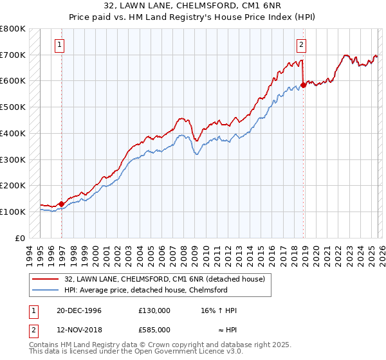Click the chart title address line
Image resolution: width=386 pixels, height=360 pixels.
tap(193, 5)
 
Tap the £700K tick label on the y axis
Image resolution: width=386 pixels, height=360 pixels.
tap(13, 55)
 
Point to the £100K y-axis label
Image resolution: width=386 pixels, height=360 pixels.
tap(13, 212)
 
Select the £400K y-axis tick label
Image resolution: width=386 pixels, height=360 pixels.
tap(13, 133)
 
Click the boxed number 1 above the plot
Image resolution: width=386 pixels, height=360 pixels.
tap(59, 44)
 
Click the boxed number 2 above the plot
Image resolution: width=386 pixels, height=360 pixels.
tap(300, 44)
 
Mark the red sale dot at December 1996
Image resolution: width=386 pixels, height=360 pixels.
tap(62, 204)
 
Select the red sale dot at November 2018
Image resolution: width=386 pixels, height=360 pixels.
tap(303, 85)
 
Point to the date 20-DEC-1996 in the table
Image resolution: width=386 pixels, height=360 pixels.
tap(79, 310)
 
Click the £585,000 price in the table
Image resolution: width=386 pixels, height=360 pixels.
tap(154, 329)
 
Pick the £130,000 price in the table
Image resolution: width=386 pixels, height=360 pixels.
tap(154, 310)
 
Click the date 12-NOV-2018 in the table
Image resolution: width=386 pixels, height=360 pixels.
tap(79, 329)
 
